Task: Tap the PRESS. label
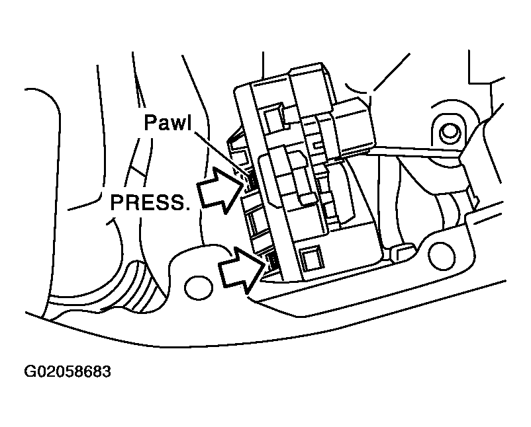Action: [x=150, y=202]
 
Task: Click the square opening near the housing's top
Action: [x=271, y=118]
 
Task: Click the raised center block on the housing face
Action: [x=291, y=175]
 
